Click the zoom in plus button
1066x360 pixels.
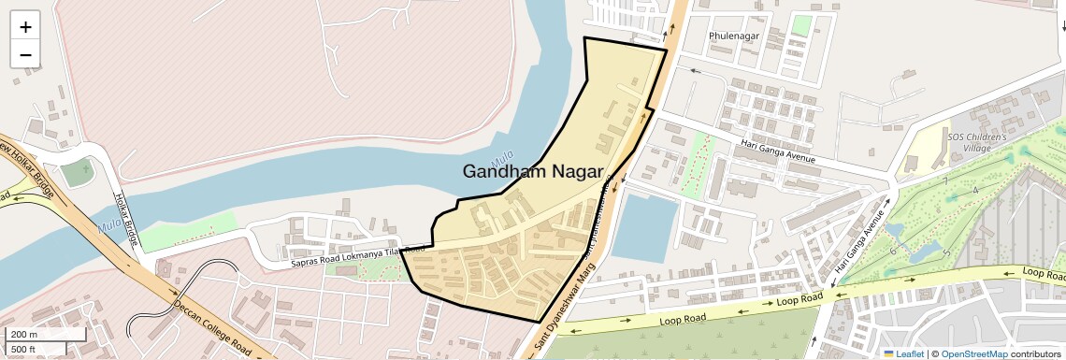coord(25,26)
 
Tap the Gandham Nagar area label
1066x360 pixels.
coord(533,171)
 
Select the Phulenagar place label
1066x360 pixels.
coord(734,36)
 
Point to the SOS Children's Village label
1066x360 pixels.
coord(976,142)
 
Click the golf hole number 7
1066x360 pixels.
coord(945,180)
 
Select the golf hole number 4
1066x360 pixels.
coord(975,190)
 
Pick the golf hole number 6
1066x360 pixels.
coord(893,251)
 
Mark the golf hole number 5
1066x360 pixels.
coord(946,253)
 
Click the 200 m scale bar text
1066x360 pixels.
coord(24,334)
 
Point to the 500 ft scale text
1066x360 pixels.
coord(24,349)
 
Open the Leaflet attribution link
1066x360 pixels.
coord(903,353)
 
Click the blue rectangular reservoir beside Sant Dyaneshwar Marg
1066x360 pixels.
coord(644,227)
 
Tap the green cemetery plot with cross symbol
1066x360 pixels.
coord(79,173)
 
